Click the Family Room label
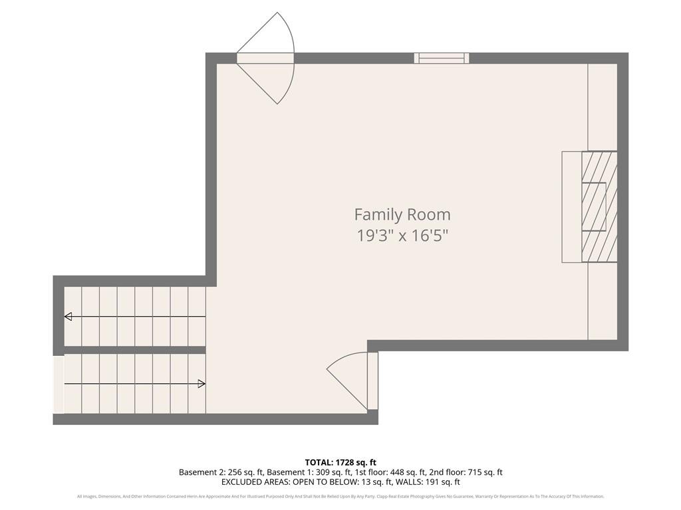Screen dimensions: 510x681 point(402,214)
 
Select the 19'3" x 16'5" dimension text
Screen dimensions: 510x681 point(402,236)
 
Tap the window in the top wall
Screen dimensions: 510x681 point(442,58)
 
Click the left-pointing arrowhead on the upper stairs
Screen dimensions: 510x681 point(68,317)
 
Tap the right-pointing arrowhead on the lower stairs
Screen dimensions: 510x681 point(202,384)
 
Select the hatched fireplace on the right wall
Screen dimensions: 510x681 point(599,207)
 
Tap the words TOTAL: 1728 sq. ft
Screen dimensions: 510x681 point(340,462)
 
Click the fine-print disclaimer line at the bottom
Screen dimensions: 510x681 point(340,497)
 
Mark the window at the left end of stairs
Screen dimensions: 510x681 point(59,385)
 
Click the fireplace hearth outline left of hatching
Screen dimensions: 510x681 point(571,207)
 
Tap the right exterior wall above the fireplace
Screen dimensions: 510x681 point(622,106)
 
